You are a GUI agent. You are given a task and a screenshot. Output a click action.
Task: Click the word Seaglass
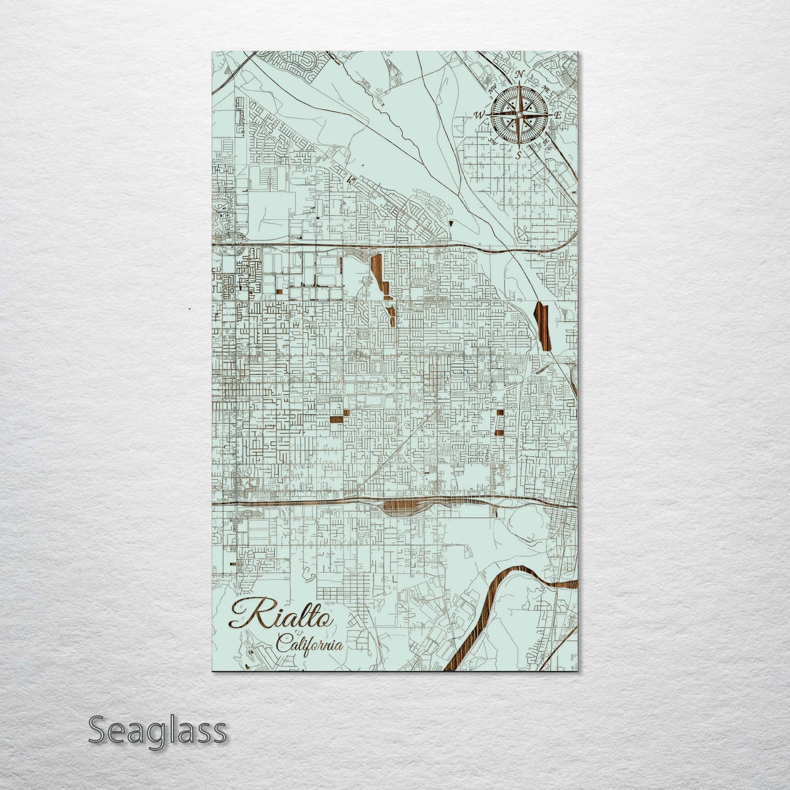pos(157,730)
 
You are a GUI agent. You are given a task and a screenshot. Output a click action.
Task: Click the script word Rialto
pos(282,615)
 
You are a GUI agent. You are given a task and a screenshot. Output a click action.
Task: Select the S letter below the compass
pos(518,155)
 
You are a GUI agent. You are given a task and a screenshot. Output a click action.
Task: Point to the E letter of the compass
pos(558,115)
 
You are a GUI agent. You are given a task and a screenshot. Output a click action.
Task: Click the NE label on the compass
pos(545,88)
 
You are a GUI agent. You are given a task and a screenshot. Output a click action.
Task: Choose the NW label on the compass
pos(493,88)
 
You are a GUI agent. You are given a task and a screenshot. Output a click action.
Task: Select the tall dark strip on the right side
pos(541,325)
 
